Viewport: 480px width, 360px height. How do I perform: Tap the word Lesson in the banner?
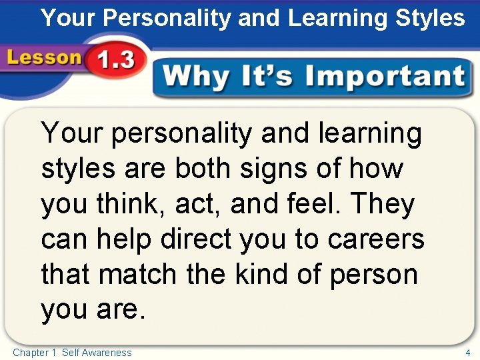pyautogui.click(x=44, y=57)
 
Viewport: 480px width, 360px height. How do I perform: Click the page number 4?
pyautogui.click(x=468, y=352)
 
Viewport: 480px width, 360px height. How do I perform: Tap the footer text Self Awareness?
pyautogui.click(x=97, y=352)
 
